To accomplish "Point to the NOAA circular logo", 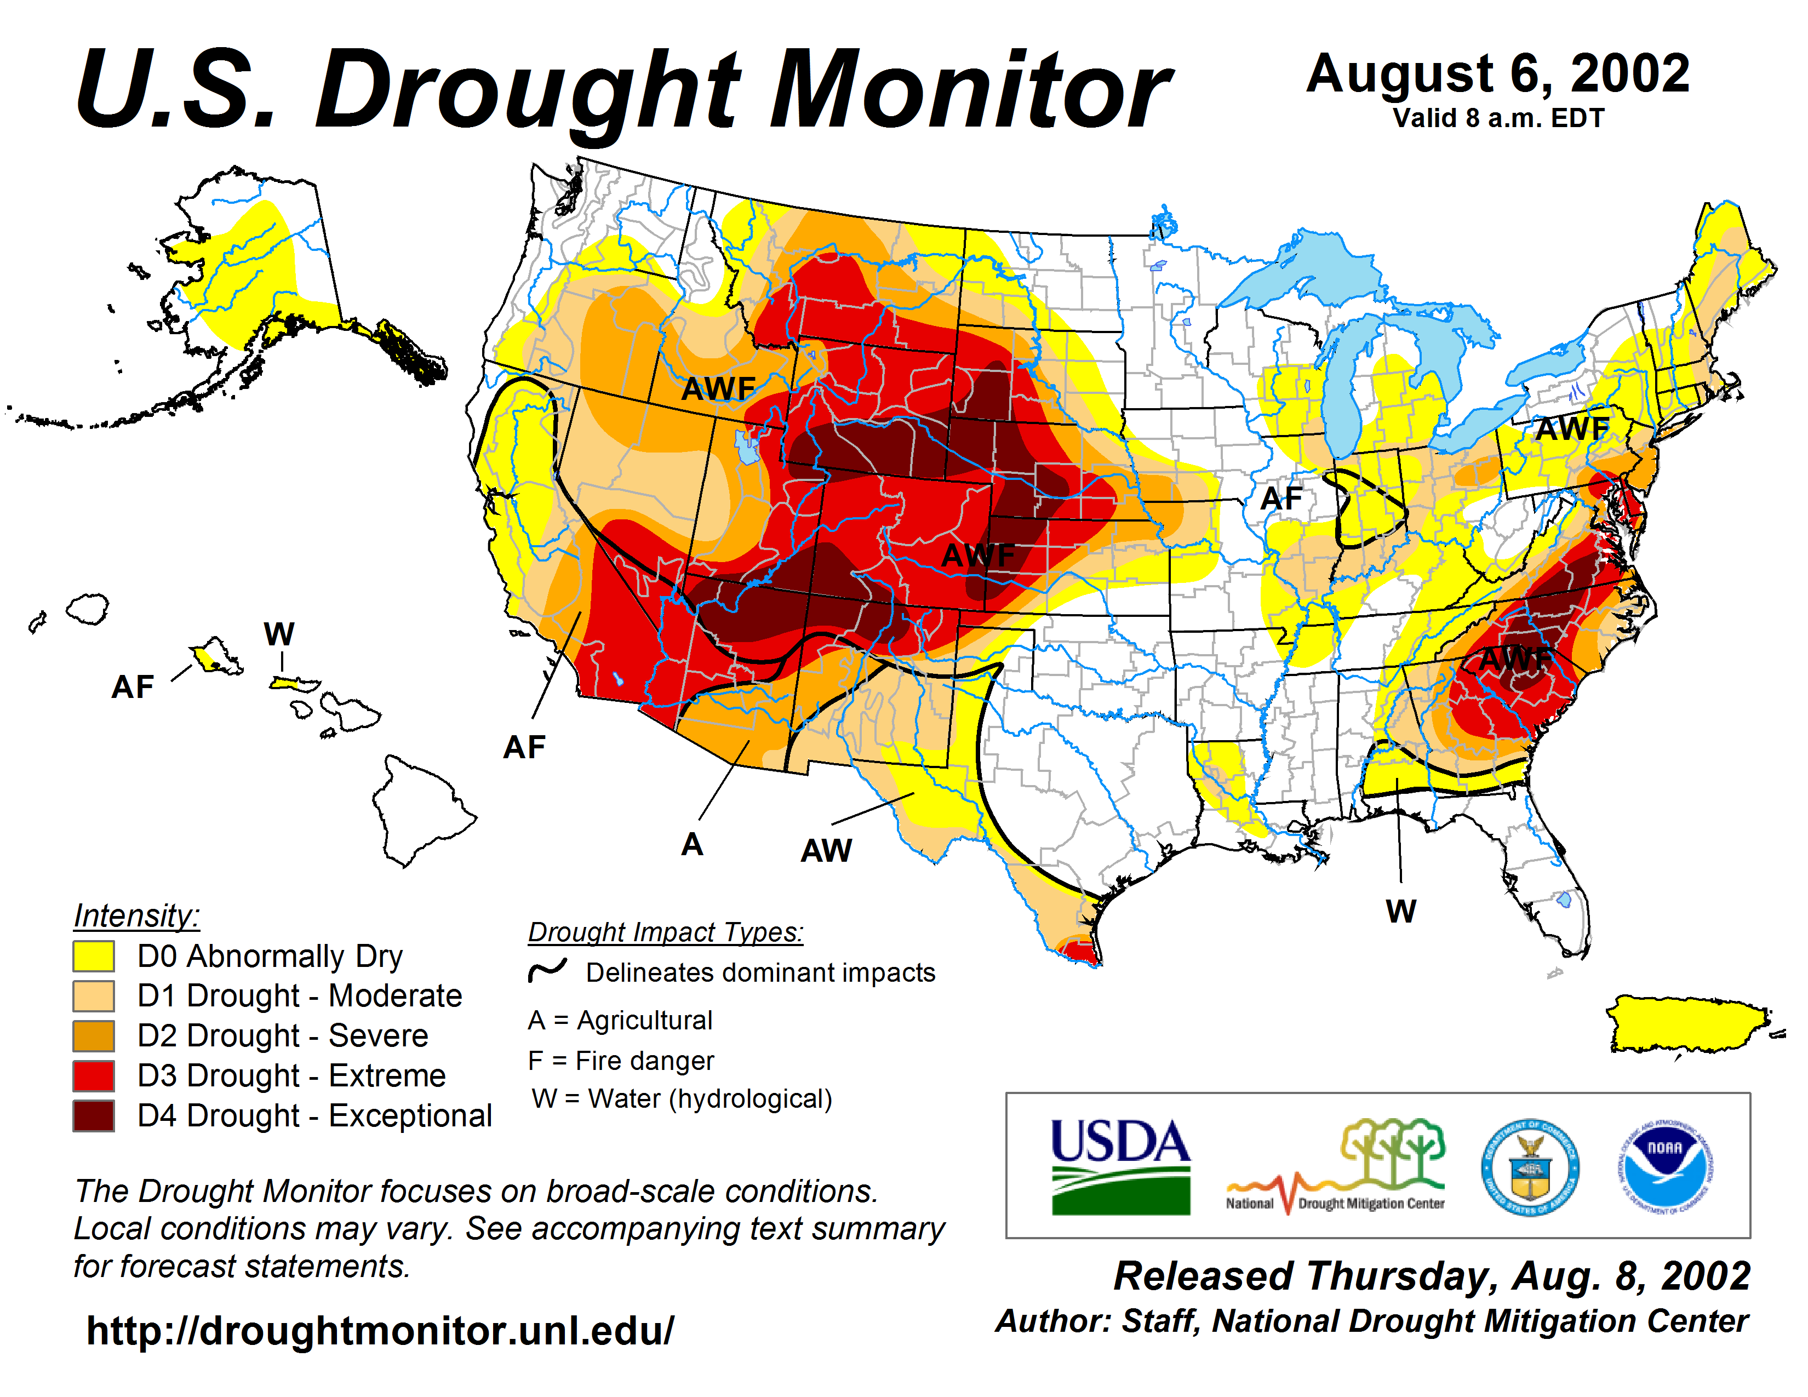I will pyautogui.click(x=1665, y=1167).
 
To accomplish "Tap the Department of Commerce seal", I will pyautogui.click(x=1529, y=1167).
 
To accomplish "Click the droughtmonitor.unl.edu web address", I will pyautogui.click(x=380, y=1331).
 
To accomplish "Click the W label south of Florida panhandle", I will pyautogui.click(x=1401, y=911).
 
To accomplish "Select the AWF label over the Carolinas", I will pyautogui.click(x=1514, y=659).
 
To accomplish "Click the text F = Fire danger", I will pyautogui.click(x=620, y=1060).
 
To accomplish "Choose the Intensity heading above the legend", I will pyautogui.click(x=136, y=916).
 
